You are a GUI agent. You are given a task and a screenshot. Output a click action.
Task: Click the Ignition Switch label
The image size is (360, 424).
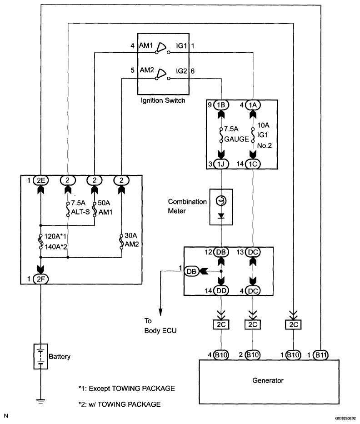pos(163,100)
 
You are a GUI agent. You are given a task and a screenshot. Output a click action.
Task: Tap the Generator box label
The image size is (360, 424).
pos(268,380)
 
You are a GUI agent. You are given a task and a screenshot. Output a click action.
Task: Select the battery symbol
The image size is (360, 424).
pos(40,356)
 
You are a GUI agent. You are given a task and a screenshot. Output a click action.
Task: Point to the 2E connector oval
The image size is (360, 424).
pos(40,180)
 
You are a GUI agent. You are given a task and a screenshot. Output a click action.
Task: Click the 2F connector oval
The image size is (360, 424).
pos(40,279)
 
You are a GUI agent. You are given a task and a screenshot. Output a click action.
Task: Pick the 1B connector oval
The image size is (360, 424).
pos(221,105)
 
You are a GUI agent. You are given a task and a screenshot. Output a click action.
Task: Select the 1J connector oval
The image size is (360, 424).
pos(221,164)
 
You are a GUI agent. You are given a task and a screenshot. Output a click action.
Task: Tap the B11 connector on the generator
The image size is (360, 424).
pos(321,355)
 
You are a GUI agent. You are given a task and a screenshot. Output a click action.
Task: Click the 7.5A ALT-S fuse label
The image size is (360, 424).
pos(80,207)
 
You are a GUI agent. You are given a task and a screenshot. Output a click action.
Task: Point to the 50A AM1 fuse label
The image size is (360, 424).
pos(105,207)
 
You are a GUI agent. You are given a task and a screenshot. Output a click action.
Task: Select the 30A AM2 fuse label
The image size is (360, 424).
pos(131,240)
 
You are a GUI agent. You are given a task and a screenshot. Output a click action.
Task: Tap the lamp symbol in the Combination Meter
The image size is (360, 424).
pos(221,201)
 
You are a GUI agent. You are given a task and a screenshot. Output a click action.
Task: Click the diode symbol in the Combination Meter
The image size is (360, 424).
pos(221,216)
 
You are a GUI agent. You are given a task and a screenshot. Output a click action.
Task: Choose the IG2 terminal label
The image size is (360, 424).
pos(181,71)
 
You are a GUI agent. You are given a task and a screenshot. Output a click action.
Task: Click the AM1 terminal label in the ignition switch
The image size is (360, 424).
pos(146,45)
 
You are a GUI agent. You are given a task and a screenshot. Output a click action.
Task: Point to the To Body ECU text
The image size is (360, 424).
pos(160,326)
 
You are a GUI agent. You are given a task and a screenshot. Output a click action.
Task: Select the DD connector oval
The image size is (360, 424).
pos(221,291)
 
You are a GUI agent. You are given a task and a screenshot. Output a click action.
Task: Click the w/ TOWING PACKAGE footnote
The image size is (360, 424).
pos(120,404)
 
